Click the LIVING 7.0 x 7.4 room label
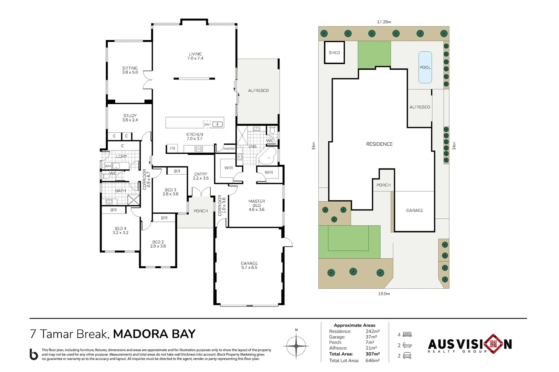(x=195, y=56)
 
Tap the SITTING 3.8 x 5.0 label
(x=130, y=70)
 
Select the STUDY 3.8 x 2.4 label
(x=130, y=118)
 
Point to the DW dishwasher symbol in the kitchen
(x=207, y=124)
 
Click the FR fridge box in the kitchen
(x=172, y=148)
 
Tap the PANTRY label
(x=229, y=149)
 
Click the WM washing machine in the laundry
(x=108, y=166)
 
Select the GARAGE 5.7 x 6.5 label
(x=249, y=265)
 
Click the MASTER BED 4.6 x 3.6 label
(x=256, y=205)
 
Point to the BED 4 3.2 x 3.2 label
(x=120, y=231)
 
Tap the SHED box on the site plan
(x=334, y=53)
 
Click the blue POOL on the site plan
(x=425, y=68)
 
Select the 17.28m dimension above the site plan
(x=384, y=22)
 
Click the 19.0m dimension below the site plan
(x=384, y=294)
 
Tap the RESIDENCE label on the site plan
(x=379, y=144)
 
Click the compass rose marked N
(x=296, y=346)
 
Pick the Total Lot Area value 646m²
(x=372, y=361)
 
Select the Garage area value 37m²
(x=371, y=337)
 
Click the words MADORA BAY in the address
(x=154, y=334)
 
